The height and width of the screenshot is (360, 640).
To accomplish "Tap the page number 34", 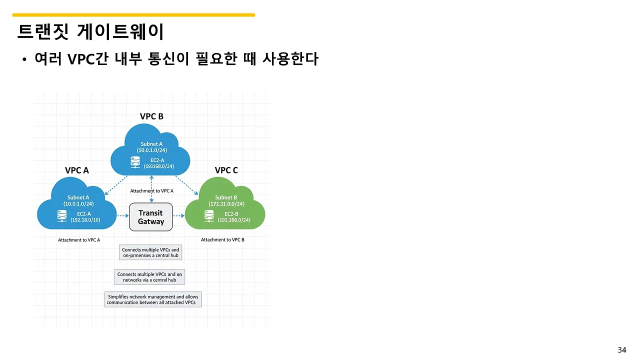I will [x=621, y=350].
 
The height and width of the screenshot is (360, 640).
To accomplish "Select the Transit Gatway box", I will [x=150, y=217].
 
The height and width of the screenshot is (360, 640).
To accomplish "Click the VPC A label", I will [x=77, y=170].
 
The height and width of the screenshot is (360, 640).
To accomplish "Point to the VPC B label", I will [x=151, y=116].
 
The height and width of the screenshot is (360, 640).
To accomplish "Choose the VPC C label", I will [x=226, y=170].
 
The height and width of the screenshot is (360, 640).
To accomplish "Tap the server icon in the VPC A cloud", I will [x=62, y=216].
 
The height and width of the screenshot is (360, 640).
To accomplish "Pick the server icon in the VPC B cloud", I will [x=135, y=162].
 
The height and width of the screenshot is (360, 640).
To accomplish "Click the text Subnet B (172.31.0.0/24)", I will [x=226, y=200].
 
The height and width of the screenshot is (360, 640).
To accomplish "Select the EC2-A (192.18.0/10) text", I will [x=85, y=216].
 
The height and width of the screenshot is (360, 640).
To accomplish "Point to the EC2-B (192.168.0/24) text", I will [x=234, y=217].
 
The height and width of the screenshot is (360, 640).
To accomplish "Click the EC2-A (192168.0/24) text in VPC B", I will [x=158, y=163].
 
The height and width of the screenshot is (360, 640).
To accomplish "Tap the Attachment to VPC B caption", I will [x=222, y=240].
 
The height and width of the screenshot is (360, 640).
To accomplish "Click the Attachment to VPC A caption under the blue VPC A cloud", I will [x=79, y=240].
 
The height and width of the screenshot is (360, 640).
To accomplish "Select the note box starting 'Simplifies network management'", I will [x=153, y=299].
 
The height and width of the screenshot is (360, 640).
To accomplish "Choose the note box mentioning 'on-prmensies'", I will [x=150, y=252].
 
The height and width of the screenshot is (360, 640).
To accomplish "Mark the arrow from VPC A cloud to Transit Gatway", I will [x=123, y=216].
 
